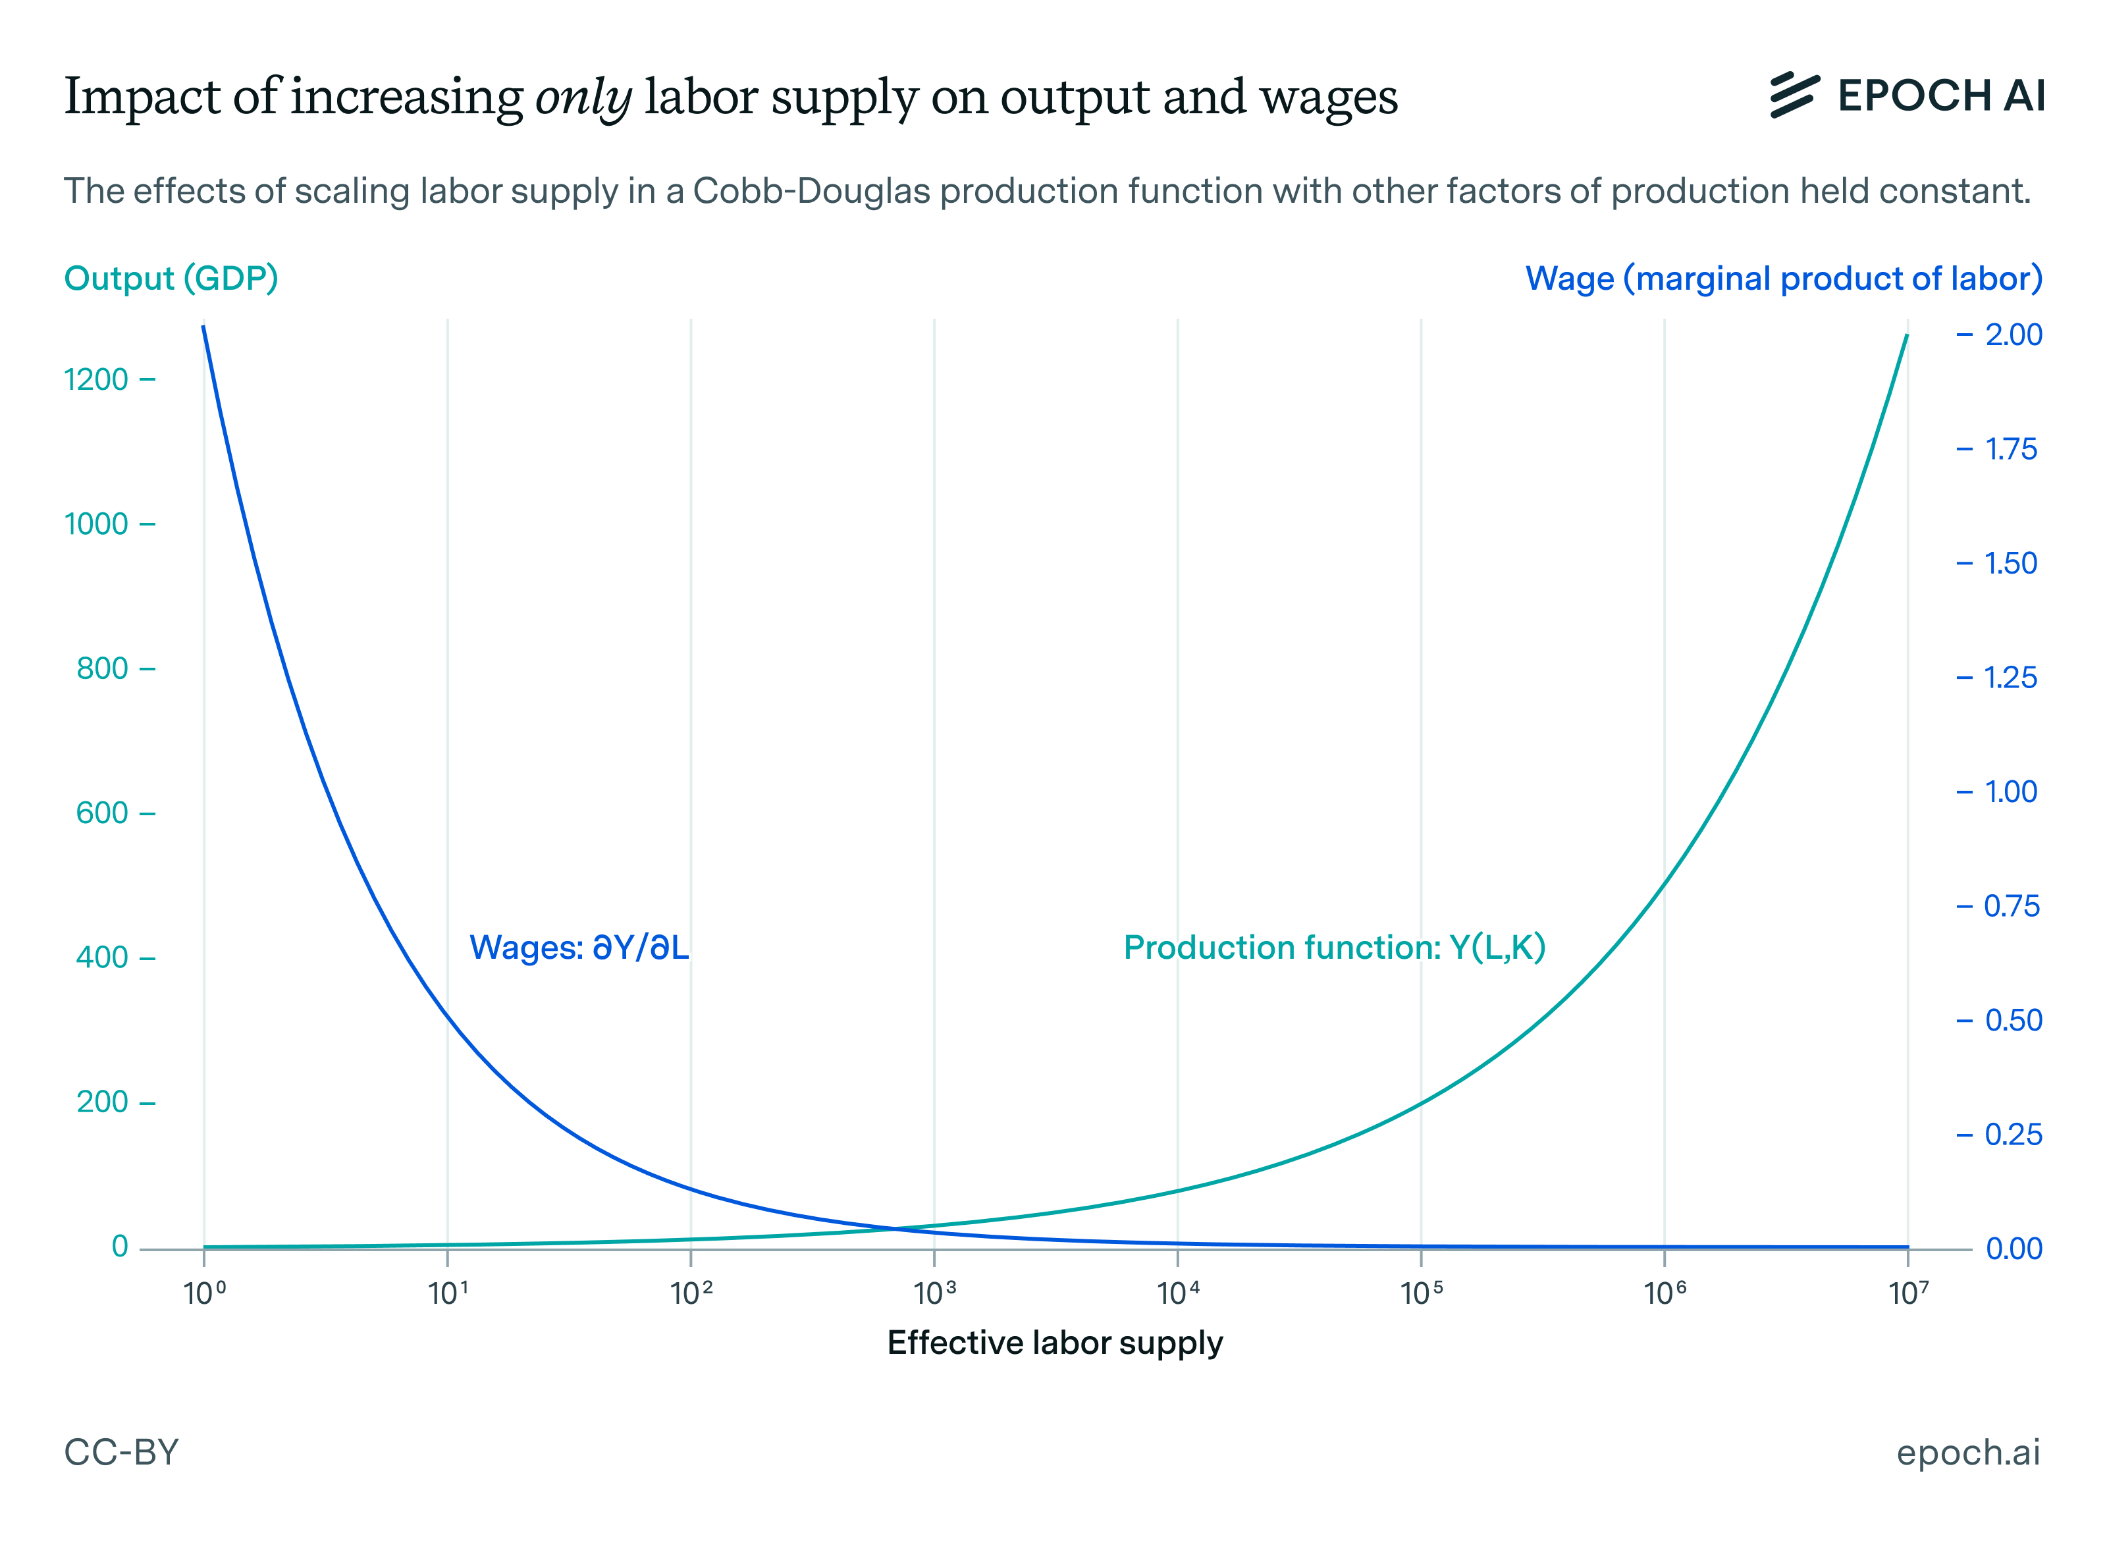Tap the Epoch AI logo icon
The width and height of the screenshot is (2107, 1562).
click(x=1792, y=95)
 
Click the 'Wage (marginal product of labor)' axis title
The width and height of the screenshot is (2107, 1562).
click(x=1783, y=278)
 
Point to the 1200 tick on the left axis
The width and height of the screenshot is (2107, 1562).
click(x=96, y=380)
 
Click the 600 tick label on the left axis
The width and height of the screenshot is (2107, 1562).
click(x=102, y=813)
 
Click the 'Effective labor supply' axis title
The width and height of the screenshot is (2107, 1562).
click(x=1054, y=1343)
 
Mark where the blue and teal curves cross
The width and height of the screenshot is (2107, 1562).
click(x=894, y=1228)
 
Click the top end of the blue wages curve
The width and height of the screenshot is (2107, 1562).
click(x=204, y=328)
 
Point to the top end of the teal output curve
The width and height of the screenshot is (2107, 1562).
click(x=1906, y=337)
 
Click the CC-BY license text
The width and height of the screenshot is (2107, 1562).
click(x=121, y=1452)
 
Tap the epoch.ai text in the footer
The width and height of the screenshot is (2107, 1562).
click(x=1967, y=1452)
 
